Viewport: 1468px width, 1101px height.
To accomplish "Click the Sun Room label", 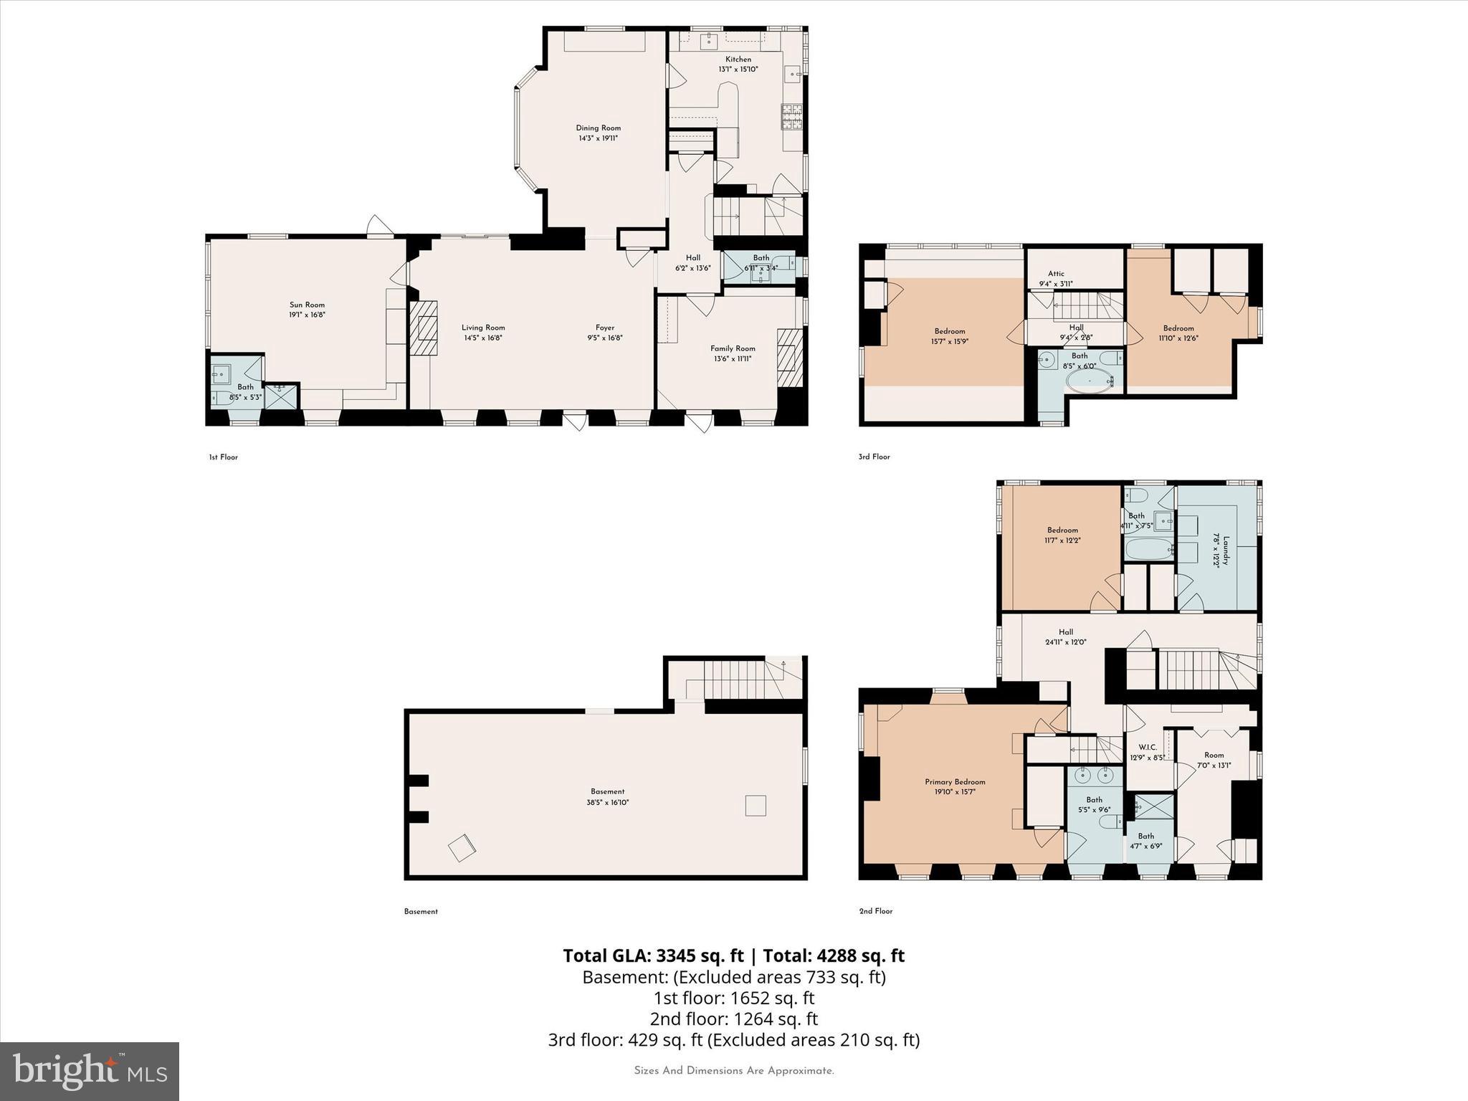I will pos(307,305).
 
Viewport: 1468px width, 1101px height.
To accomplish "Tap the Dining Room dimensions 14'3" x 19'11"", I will pos(598,138).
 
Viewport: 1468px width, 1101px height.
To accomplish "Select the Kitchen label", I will pos(738,59).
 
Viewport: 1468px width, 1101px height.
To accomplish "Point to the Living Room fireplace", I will pos(423,327).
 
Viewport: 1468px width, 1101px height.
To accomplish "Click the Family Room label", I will pos(733,348).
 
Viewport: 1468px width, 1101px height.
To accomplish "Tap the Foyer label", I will pos(605,328).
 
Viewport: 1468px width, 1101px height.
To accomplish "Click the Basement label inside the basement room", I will pos(607,791).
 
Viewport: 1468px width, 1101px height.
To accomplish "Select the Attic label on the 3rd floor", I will pos(1056,273).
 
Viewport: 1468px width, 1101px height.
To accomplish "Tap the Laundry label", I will pos(1225,550).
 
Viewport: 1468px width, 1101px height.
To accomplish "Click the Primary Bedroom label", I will pos(955,782).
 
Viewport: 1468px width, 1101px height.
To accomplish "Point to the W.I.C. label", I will pos(1147,747).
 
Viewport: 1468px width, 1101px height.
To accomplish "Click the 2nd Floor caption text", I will pos(876,911).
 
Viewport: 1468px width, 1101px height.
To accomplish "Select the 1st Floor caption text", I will pos(223,457).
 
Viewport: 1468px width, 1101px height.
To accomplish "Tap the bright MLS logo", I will pos(90,1071).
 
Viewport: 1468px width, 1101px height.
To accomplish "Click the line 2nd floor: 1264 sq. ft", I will pos(733,1019).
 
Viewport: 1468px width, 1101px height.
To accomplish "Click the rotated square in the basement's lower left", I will pos(462,848).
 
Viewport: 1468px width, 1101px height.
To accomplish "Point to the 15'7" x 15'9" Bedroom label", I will pos(950,331).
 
